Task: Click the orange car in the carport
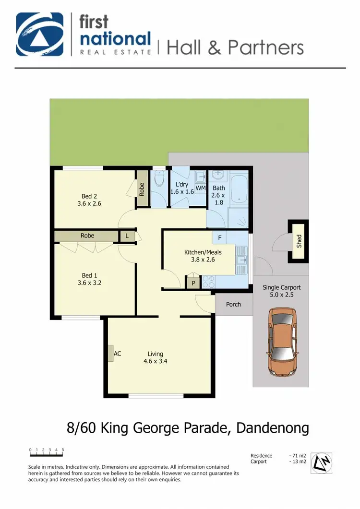(281, 342)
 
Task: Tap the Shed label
(299, 241)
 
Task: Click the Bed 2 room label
(89, 196)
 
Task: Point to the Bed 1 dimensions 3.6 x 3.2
(89, 283)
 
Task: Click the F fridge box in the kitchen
(219, 237)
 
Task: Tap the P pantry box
(193, 283)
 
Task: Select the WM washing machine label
(201, 188)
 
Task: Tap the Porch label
(233, 304)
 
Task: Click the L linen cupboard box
(127, 236)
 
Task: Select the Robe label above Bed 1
(87, 236)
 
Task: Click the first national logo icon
(39, 35)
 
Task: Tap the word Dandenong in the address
(272, 428)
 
